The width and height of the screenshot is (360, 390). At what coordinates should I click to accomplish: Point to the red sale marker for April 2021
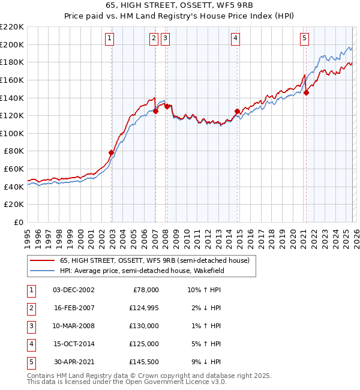[306, 92]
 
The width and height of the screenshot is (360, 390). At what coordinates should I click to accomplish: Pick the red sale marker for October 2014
[237, 111]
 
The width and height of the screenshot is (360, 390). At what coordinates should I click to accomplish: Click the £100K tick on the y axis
[12, 133]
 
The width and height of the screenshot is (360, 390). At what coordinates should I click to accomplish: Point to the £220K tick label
[12, 27]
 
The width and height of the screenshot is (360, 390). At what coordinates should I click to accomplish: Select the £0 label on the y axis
[18, 222]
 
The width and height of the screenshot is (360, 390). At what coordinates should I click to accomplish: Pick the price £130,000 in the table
[144, 326]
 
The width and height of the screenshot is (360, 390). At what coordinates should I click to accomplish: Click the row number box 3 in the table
[31, 326]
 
